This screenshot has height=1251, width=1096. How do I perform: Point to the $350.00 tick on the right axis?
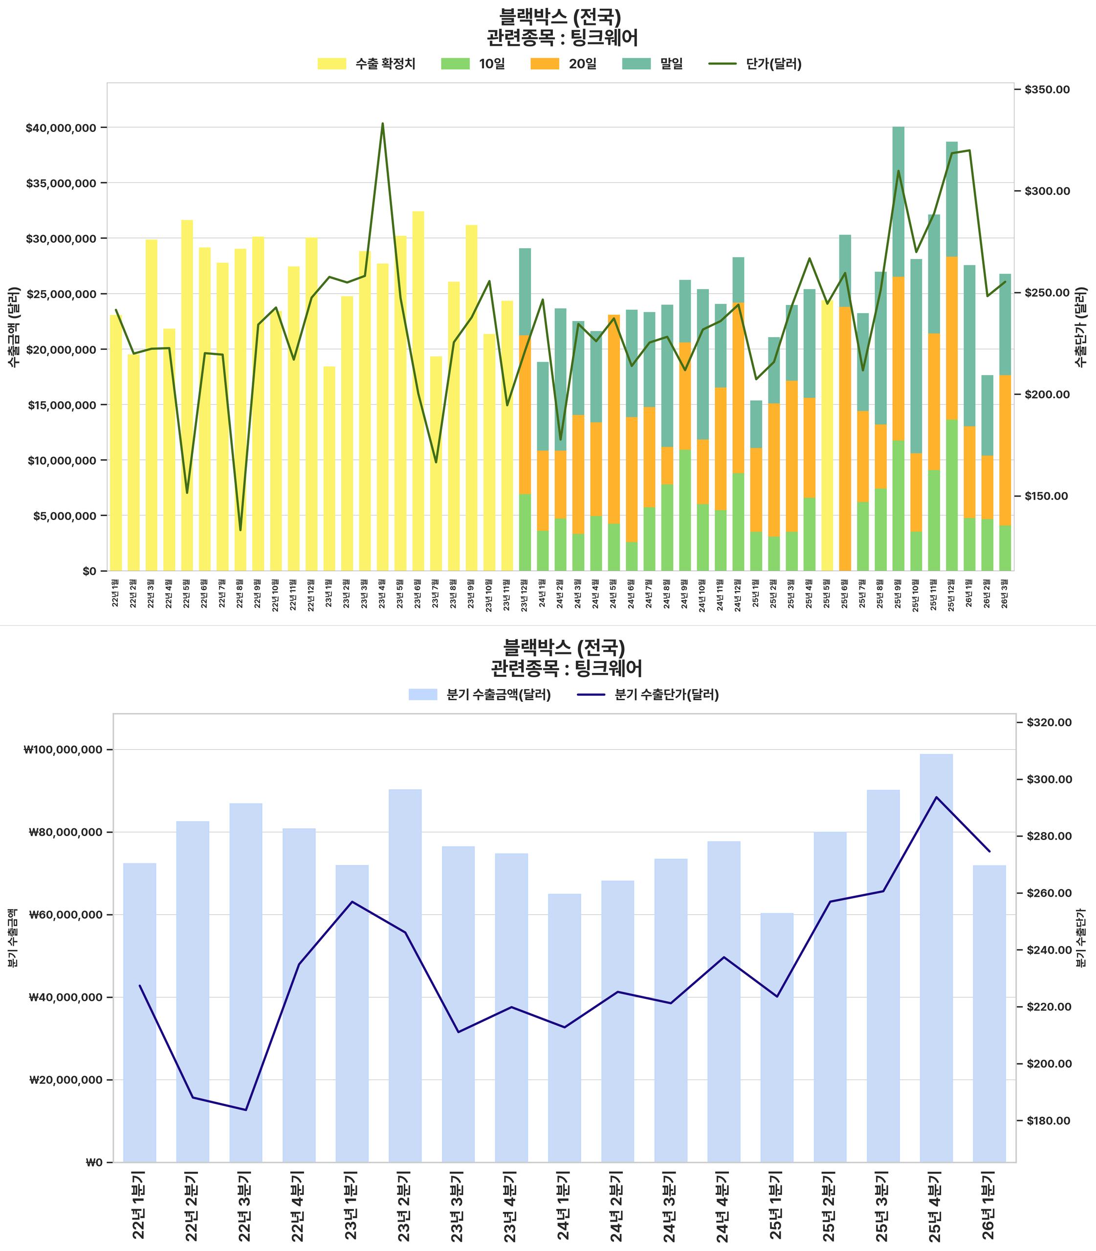[x=1047, y=90]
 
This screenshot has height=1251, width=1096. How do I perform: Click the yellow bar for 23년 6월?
[x=418, y=391]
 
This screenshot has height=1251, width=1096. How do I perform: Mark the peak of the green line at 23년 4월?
[x=383, y=124]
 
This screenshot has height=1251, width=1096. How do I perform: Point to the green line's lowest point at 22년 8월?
[x=241, y=530]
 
